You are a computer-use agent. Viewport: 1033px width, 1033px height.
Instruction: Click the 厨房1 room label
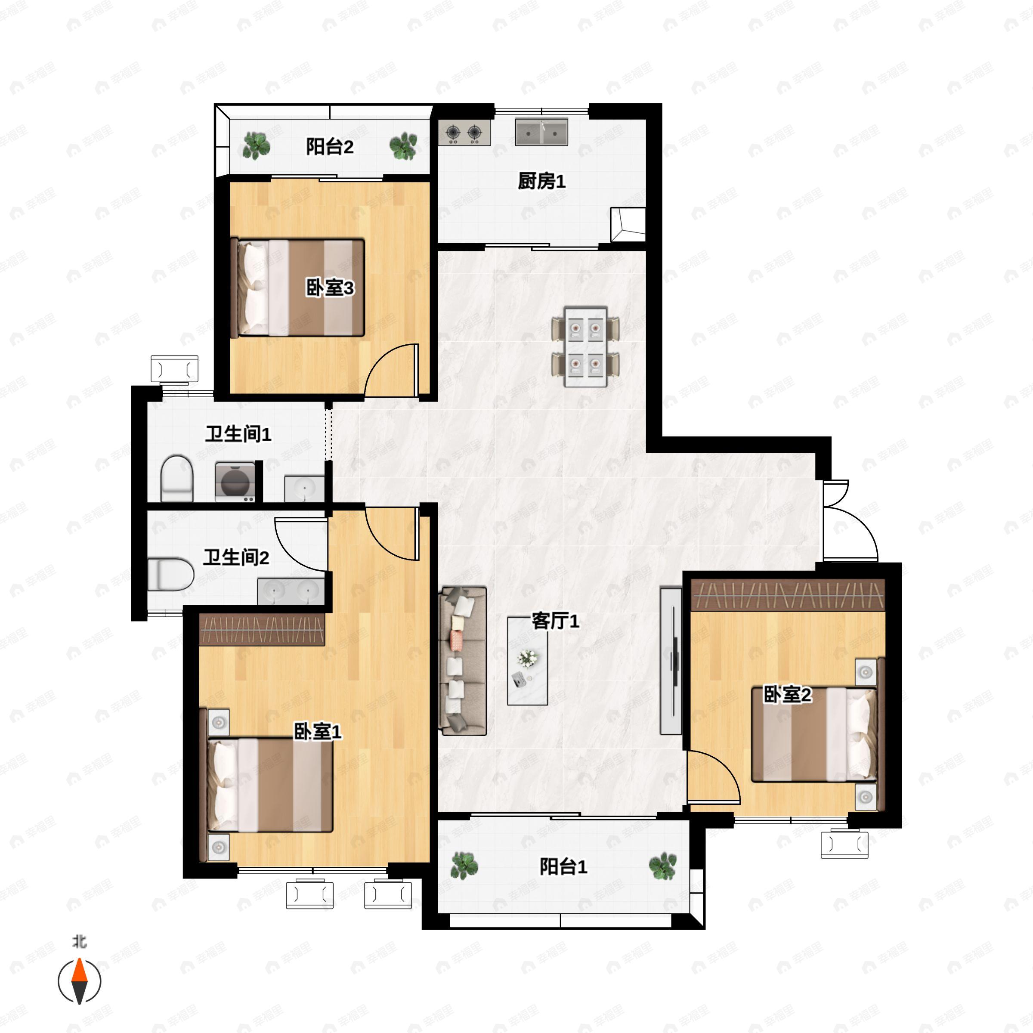(541, 181)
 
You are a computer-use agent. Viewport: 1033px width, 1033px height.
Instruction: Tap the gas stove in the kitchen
(464, 132)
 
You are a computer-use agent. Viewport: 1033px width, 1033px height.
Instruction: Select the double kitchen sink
(541, 132)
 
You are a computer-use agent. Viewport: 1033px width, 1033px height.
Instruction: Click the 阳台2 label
(329, 146)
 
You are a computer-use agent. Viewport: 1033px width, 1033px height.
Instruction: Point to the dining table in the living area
(585, 346)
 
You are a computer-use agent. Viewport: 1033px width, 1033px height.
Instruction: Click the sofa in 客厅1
(463, 661)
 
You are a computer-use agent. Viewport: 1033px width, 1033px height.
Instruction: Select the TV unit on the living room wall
(671, 661)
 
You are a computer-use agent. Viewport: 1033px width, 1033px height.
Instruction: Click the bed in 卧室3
(298, 288)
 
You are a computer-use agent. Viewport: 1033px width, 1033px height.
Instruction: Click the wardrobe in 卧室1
(262, 630)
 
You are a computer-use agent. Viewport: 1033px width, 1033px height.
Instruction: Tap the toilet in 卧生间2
(170, 574)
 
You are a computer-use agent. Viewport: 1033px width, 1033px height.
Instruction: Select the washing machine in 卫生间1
(235, 482)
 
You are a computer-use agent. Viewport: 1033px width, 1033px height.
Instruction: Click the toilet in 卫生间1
(176, 478)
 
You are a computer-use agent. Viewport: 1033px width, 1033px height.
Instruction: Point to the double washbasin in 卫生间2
(291, 591)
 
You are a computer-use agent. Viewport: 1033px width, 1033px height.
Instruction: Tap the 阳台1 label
(563, 867)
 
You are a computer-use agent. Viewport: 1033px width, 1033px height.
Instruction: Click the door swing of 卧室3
(391, 370)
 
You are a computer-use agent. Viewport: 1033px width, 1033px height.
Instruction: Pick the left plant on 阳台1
(464, 866)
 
